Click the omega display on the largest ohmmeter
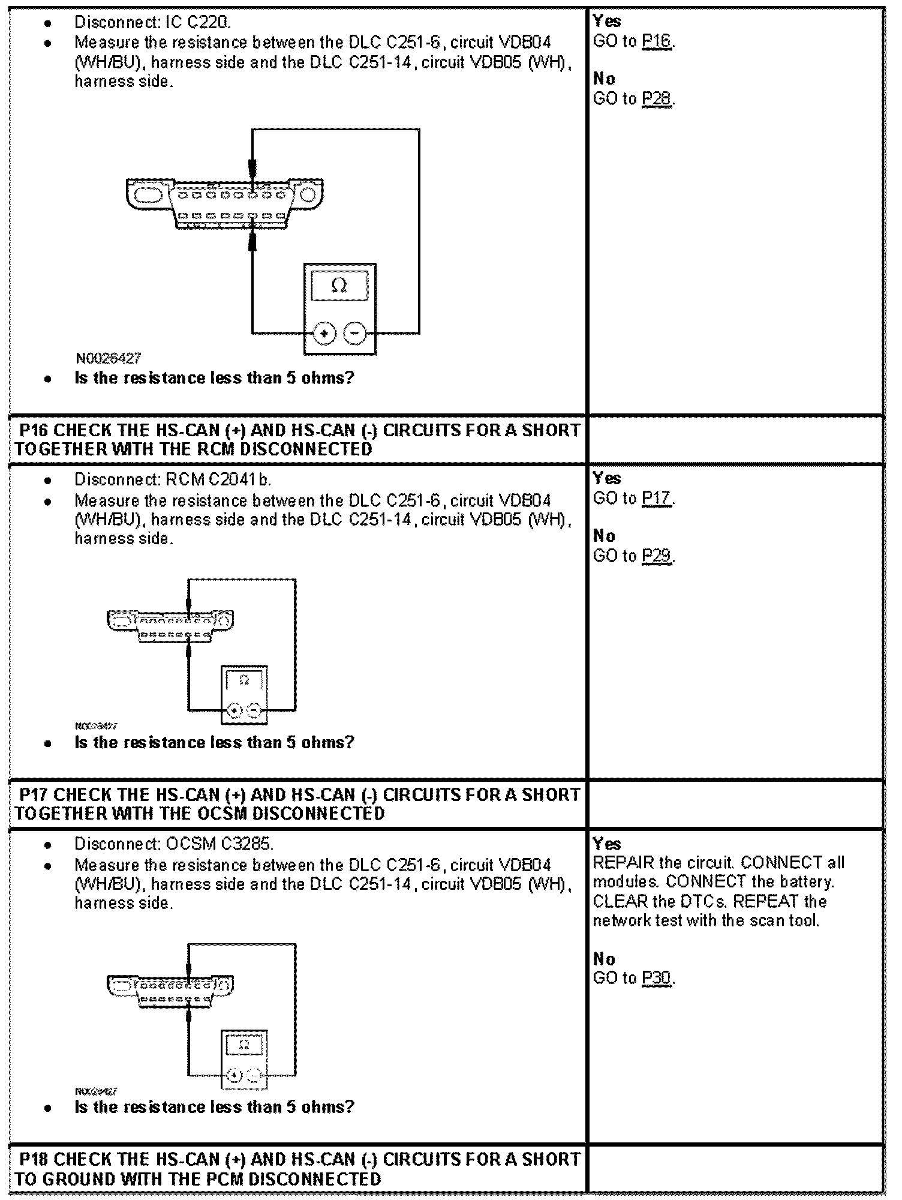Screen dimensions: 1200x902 pos(339,286)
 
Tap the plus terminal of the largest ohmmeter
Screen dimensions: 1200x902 pos(324,333)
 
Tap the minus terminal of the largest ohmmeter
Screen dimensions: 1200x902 pos(355,333)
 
